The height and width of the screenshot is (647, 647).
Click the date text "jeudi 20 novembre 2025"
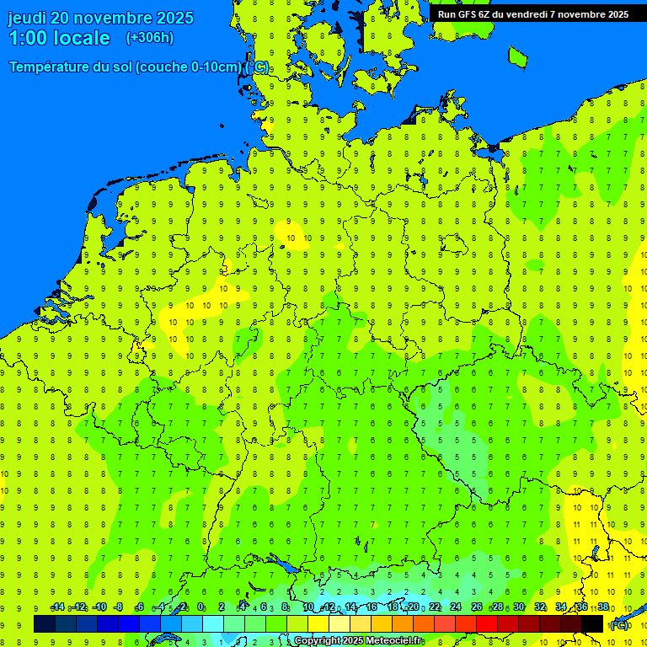click(100, 18)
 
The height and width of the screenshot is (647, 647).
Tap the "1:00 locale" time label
click(60, 38)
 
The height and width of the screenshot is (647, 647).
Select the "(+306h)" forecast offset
click(149, 38)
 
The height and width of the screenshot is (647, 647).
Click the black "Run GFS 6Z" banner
click(532, 13)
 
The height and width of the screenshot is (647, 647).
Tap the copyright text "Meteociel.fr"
click(394, 641)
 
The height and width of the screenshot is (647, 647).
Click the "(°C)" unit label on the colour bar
click(619, 625)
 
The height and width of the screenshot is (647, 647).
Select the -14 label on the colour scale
click(57, 607)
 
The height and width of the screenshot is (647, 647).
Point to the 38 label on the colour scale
click(603, 607)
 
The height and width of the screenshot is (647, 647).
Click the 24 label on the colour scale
click(455, 607)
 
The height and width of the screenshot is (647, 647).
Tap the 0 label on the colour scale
click(201, 607)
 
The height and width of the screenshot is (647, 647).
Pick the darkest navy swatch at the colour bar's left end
click(45, 623)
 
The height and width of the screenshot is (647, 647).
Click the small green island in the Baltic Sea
click(517, 56)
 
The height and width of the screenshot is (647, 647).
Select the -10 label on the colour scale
click(99, 607)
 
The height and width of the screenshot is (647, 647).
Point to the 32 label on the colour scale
click(540, 607)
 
